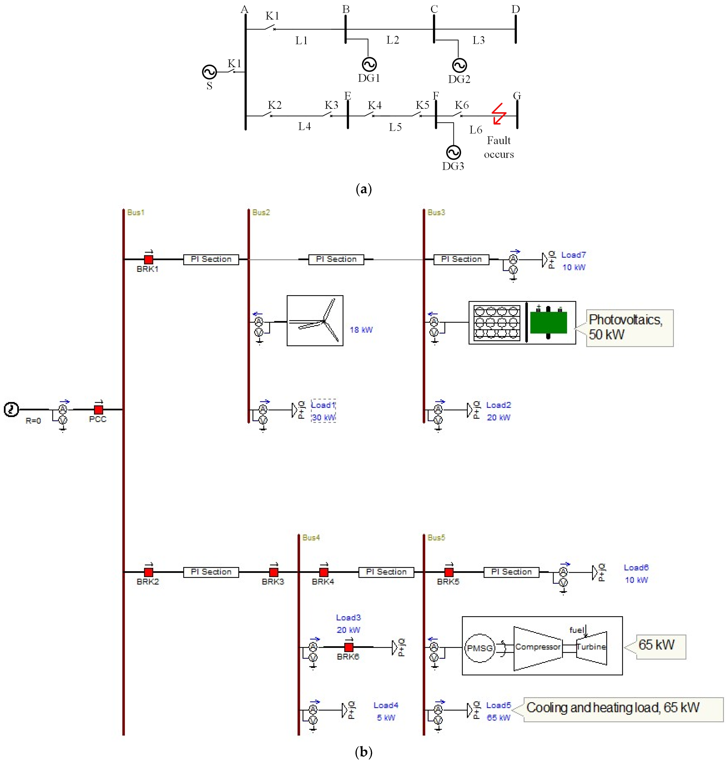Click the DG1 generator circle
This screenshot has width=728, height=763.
click(369, 64)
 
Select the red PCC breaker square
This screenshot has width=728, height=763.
click(99, 410)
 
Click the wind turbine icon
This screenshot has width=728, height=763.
click(315, 320)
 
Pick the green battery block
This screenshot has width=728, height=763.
click(548, 322)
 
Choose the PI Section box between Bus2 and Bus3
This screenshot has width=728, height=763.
click(336, 259)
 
